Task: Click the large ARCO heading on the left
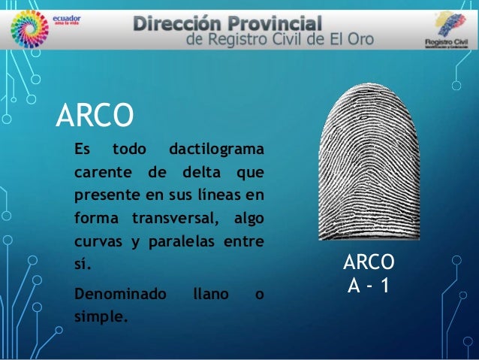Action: [95, 116]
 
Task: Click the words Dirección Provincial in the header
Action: [228, 23]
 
